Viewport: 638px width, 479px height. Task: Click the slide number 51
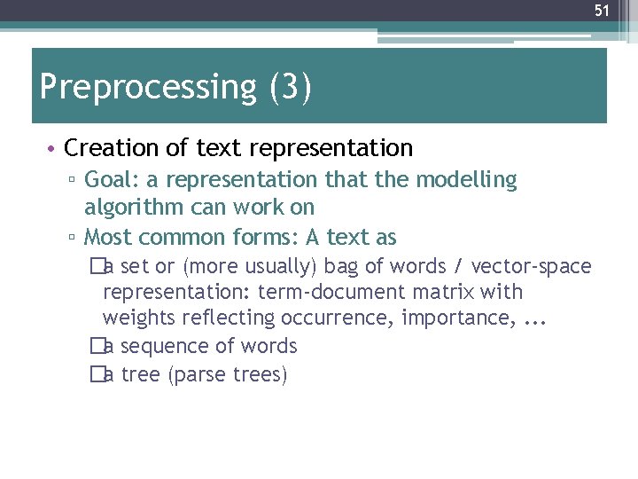(x=602, y=11)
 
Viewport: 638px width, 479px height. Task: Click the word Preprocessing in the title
(x=147, y=88)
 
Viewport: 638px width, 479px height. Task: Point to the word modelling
(x=466, y=180)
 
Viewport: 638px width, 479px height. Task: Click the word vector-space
(x=532, y=266)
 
